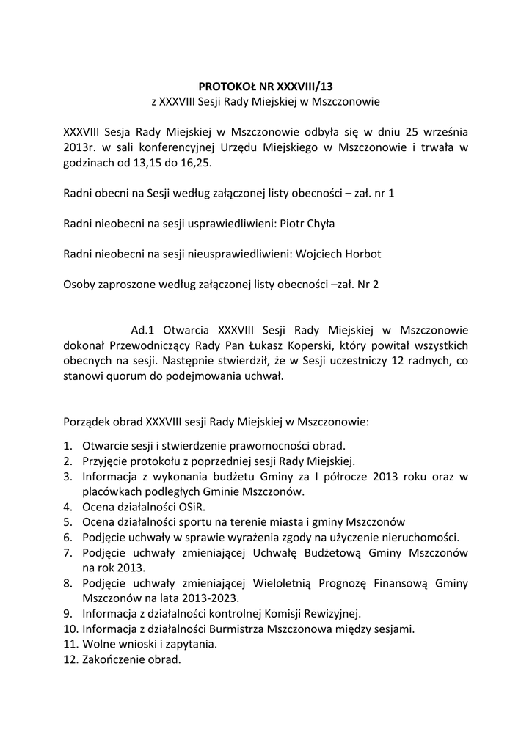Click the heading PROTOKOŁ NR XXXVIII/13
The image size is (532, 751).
(266, 86)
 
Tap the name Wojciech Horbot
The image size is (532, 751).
(338, 253)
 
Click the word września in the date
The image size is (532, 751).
(444, 132)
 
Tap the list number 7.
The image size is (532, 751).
(68, 552)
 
